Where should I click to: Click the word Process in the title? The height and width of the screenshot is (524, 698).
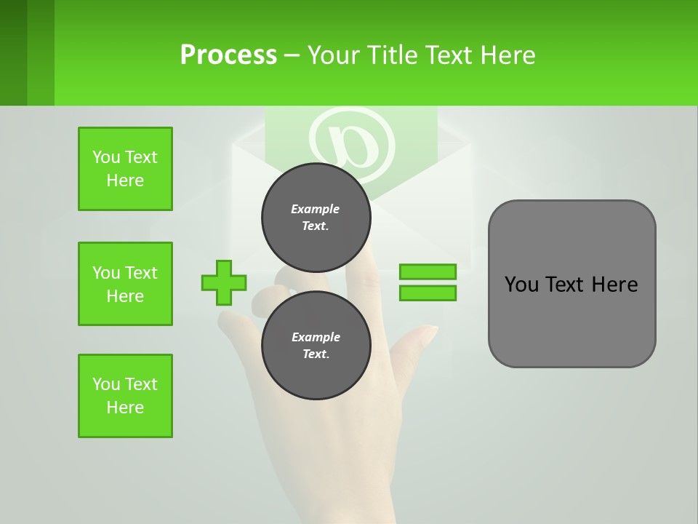coord(228,55)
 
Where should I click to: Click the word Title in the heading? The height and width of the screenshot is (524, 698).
coord(396,55)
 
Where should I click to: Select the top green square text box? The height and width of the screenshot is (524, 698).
coord(125,169)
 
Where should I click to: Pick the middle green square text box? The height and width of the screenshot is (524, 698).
coord(125,284)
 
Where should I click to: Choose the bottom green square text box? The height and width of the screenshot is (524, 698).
coord(125,396)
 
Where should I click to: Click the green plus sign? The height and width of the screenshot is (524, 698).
coord(224,282)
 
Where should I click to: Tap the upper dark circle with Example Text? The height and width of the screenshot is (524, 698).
coord(316,217)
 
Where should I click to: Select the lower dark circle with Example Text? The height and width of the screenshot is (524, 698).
coord(316,345)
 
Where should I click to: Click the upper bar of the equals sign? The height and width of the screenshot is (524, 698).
coord(428,272)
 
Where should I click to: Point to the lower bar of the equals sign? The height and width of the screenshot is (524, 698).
coord(428,293)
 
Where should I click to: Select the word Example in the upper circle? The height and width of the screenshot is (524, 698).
coord(316,209)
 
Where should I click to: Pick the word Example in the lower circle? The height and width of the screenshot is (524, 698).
coord(316,337)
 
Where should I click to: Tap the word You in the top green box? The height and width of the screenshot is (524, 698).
coord(106,157)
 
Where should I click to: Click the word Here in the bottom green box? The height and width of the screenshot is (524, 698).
coord(125,408)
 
